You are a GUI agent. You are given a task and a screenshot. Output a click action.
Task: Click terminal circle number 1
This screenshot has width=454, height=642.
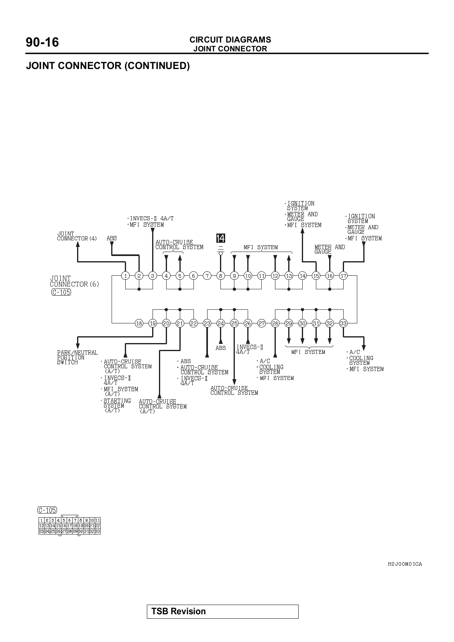125,276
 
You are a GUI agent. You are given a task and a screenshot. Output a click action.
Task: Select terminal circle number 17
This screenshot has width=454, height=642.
343,276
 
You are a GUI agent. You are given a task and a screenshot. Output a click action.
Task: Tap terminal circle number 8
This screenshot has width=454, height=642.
220,276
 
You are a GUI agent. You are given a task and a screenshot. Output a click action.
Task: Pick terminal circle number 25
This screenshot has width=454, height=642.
234,323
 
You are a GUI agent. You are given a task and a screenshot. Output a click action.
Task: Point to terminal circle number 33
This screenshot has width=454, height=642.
343,323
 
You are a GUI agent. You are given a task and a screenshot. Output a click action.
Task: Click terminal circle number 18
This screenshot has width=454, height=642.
139,323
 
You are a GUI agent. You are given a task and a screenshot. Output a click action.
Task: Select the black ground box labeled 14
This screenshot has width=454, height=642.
220,238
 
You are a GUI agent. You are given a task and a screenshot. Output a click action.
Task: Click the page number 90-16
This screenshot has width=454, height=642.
42,42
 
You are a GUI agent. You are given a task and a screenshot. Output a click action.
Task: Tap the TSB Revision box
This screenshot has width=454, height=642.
222,612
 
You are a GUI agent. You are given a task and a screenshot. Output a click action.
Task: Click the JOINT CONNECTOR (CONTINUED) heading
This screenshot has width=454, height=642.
108,66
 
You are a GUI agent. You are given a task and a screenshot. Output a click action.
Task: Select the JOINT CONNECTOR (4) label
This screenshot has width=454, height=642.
77,236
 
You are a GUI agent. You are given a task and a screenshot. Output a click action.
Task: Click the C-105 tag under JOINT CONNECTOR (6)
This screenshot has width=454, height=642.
61,292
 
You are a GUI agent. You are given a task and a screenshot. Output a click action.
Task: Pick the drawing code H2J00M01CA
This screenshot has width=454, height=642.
405,564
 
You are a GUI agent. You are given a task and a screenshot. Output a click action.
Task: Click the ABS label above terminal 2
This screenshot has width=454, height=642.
112,238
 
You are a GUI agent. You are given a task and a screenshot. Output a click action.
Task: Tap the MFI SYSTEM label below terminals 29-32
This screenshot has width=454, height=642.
308,352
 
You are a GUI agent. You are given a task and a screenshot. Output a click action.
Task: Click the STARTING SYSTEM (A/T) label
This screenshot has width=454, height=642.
117,406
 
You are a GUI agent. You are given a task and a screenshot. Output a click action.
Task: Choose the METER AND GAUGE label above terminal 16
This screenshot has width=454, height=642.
330,249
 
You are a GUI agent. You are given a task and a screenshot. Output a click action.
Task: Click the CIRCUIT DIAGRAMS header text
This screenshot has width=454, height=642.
230,40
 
